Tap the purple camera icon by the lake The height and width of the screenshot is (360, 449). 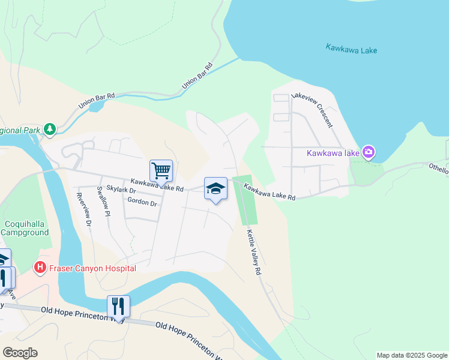point(369,152)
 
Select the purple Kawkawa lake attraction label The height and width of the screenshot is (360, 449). point(333,153)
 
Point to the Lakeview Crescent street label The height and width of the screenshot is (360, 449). point(312,110)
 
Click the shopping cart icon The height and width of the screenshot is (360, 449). point(161,170)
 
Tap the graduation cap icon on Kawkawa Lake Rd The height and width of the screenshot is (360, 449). point(215,189)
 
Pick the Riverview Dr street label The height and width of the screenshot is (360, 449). point(83,209)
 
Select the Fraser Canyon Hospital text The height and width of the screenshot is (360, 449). point(92,268)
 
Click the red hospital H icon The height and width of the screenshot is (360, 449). point(40,267)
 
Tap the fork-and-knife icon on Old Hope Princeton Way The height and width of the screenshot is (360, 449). point(118,306)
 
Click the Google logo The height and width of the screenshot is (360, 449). point(20,353)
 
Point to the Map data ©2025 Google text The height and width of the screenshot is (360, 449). point(411,355)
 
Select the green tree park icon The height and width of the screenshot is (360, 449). point(50,128)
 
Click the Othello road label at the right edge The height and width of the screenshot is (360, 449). point(438,170)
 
